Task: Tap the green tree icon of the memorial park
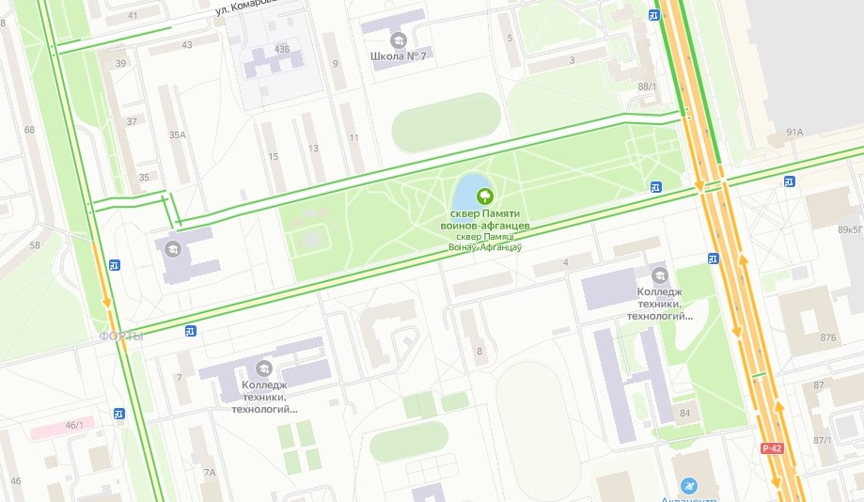tap(485, 196)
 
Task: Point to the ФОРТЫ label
tap(121, 337)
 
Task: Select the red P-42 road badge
tap(772, 447)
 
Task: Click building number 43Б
tap(281, 49)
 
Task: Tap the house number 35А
tap(177, 135)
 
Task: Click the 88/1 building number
tap(647, 86)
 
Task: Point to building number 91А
tap(794, 133)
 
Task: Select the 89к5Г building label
tap(850, 228)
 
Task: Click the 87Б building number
tap(827, 337)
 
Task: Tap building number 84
tap(684, 413)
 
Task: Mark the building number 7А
tap(209, 472)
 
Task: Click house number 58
tap(35, 245)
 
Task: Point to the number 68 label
tap(29, 129)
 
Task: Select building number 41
tap(132, 15)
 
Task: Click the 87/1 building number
tap(823, 440)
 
